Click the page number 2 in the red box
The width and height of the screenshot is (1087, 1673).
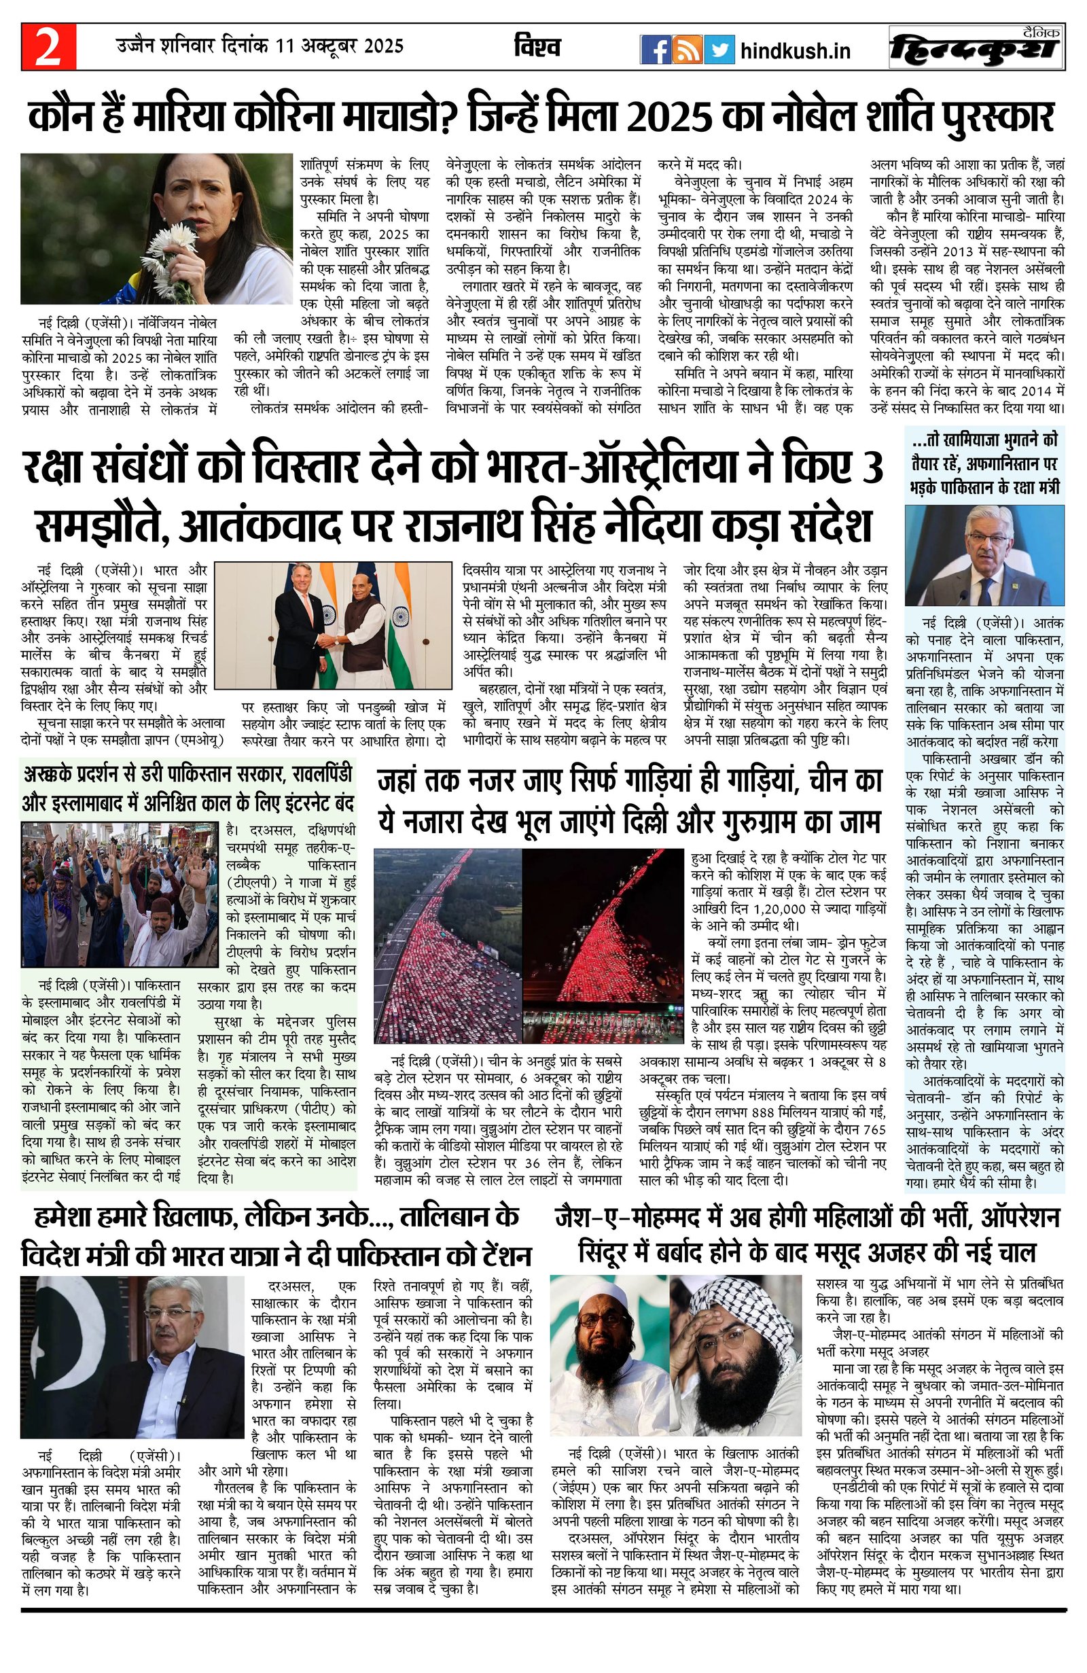click(x=48, y=48)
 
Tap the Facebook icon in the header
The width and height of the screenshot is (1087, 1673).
click(x=654, y=49)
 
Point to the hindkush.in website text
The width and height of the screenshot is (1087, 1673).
click(x=796, y=50)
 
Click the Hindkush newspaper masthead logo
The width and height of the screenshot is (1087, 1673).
click(x=976, y=48)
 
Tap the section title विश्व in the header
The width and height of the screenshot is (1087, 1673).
click(x=537, y=47)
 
